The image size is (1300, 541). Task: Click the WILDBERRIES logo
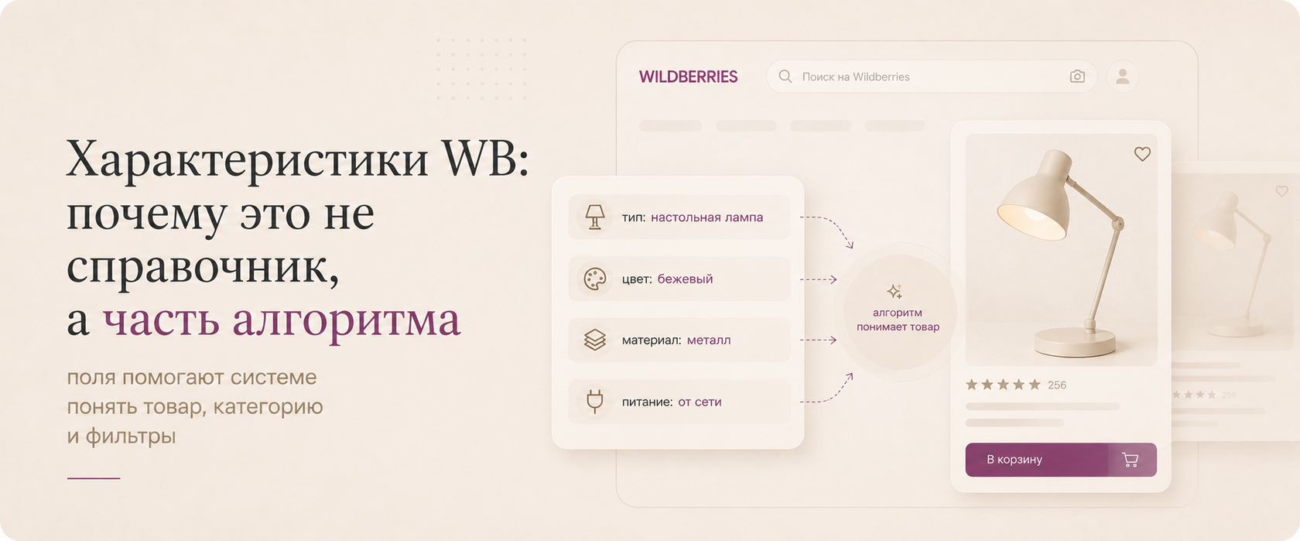689,77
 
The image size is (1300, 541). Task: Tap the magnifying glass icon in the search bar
785,77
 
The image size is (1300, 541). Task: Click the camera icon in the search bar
1077,76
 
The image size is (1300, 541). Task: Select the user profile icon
1122,77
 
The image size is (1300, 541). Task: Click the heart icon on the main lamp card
1142,154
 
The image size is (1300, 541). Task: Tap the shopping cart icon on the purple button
1130,460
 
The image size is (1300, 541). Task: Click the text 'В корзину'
1014,459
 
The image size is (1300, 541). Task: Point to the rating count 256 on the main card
1057,385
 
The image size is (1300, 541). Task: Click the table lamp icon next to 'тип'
594,217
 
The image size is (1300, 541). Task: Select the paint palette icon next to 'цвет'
595,279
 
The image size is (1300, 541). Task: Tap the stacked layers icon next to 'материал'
595,341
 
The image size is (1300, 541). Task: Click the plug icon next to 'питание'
595,402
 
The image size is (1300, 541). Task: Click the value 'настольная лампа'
707,217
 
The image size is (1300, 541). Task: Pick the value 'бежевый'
685,279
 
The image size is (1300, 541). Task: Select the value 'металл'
709,341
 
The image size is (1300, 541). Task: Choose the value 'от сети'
700,402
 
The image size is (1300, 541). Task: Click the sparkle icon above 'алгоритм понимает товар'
895,291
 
